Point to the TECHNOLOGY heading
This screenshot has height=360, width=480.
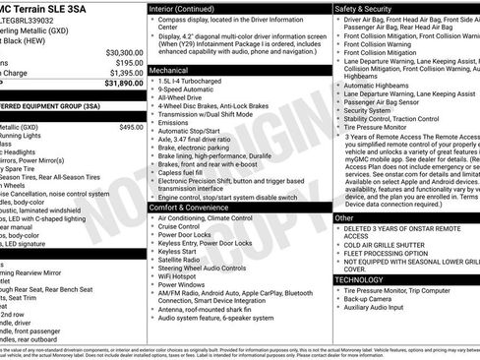pyautogui.click(x=360, y=279)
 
